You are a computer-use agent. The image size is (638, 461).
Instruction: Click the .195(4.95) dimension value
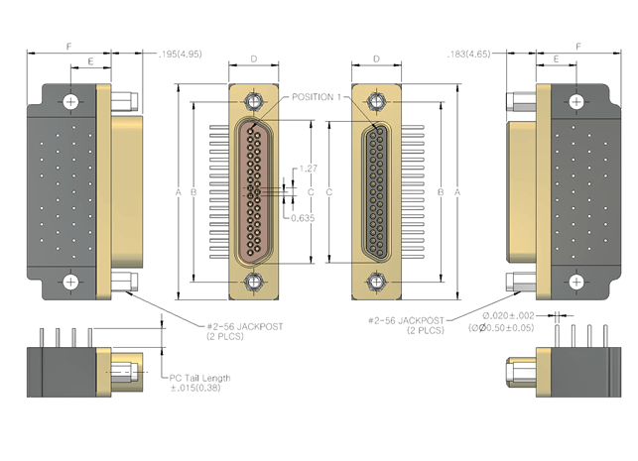coord(180,54)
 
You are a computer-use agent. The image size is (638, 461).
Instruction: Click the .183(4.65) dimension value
coord(468,54)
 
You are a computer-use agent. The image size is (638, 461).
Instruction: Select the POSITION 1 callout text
coord(317,97)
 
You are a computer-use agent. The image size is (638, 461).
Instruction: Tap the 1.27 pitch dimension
coord(308,169)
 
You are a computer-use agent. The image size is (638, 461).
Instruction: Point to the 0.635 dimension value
coord(303,218)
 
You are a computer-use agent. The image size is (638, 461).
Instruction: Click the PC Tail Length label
coord(199,378)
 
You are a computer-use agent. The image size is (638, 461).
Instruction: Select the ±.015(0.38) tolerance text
coord(195,388)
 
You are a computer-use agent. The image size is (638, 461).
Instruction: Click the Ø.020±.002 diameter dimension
coord(508,316)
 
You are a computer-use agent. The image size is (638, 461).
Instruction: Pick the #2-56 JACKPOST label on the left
coord(245,326)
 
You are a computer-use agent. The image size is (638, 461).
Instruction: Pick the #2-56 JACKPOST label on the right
coord(406,321)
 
